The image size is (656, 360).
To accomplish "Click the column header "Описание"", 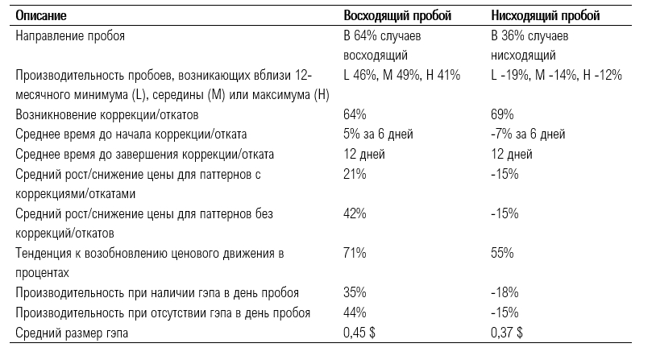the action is pos(41,16).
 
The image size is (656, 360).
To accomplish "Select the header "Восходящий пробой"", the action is pos(397,16).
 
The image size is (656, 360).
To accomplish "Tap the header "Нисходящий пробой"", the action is pos(546,16).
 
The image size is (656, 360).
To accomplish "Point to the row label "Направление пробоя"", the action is pos(70,36).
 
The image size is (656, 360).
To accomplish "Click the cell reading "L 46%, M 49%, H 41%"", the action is pos(401,75).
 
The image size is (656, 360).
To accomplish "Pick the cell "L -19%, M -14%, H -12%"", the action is pos(556,75).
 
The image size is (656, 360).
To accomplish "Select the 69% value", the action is pos(502,114).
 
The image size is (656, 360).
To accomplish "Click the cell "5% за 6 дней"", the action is pos(378,134).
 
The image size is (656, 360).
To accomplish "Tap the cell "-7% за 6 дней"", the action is pos(528,134).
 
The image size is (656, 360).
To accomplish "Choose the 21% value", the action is pos(355,174).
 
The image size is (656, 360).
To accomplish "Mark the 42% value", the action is pos(355,213).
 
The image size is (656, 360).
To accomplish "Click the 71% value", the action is pos(355,253).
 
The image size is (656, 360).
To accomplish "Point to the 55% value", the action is pos(502,253).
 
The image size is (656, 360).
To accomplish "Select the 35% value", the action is pos(355,292).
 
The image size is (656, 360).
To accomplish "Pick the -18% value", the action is pos(504,292).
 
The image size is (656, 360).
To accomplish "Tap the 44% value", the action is pos(355,312).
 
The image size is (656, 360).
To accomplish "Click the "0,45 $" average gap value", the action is pos(359,333).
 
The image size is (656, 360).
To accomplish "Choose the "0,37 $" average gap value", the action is pos(507,333).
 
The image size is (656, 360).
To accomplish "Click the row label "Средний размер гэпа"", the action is pos(72,333).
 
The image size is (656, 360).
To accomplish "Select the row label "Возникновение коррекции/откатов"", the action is pos(107,115).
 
